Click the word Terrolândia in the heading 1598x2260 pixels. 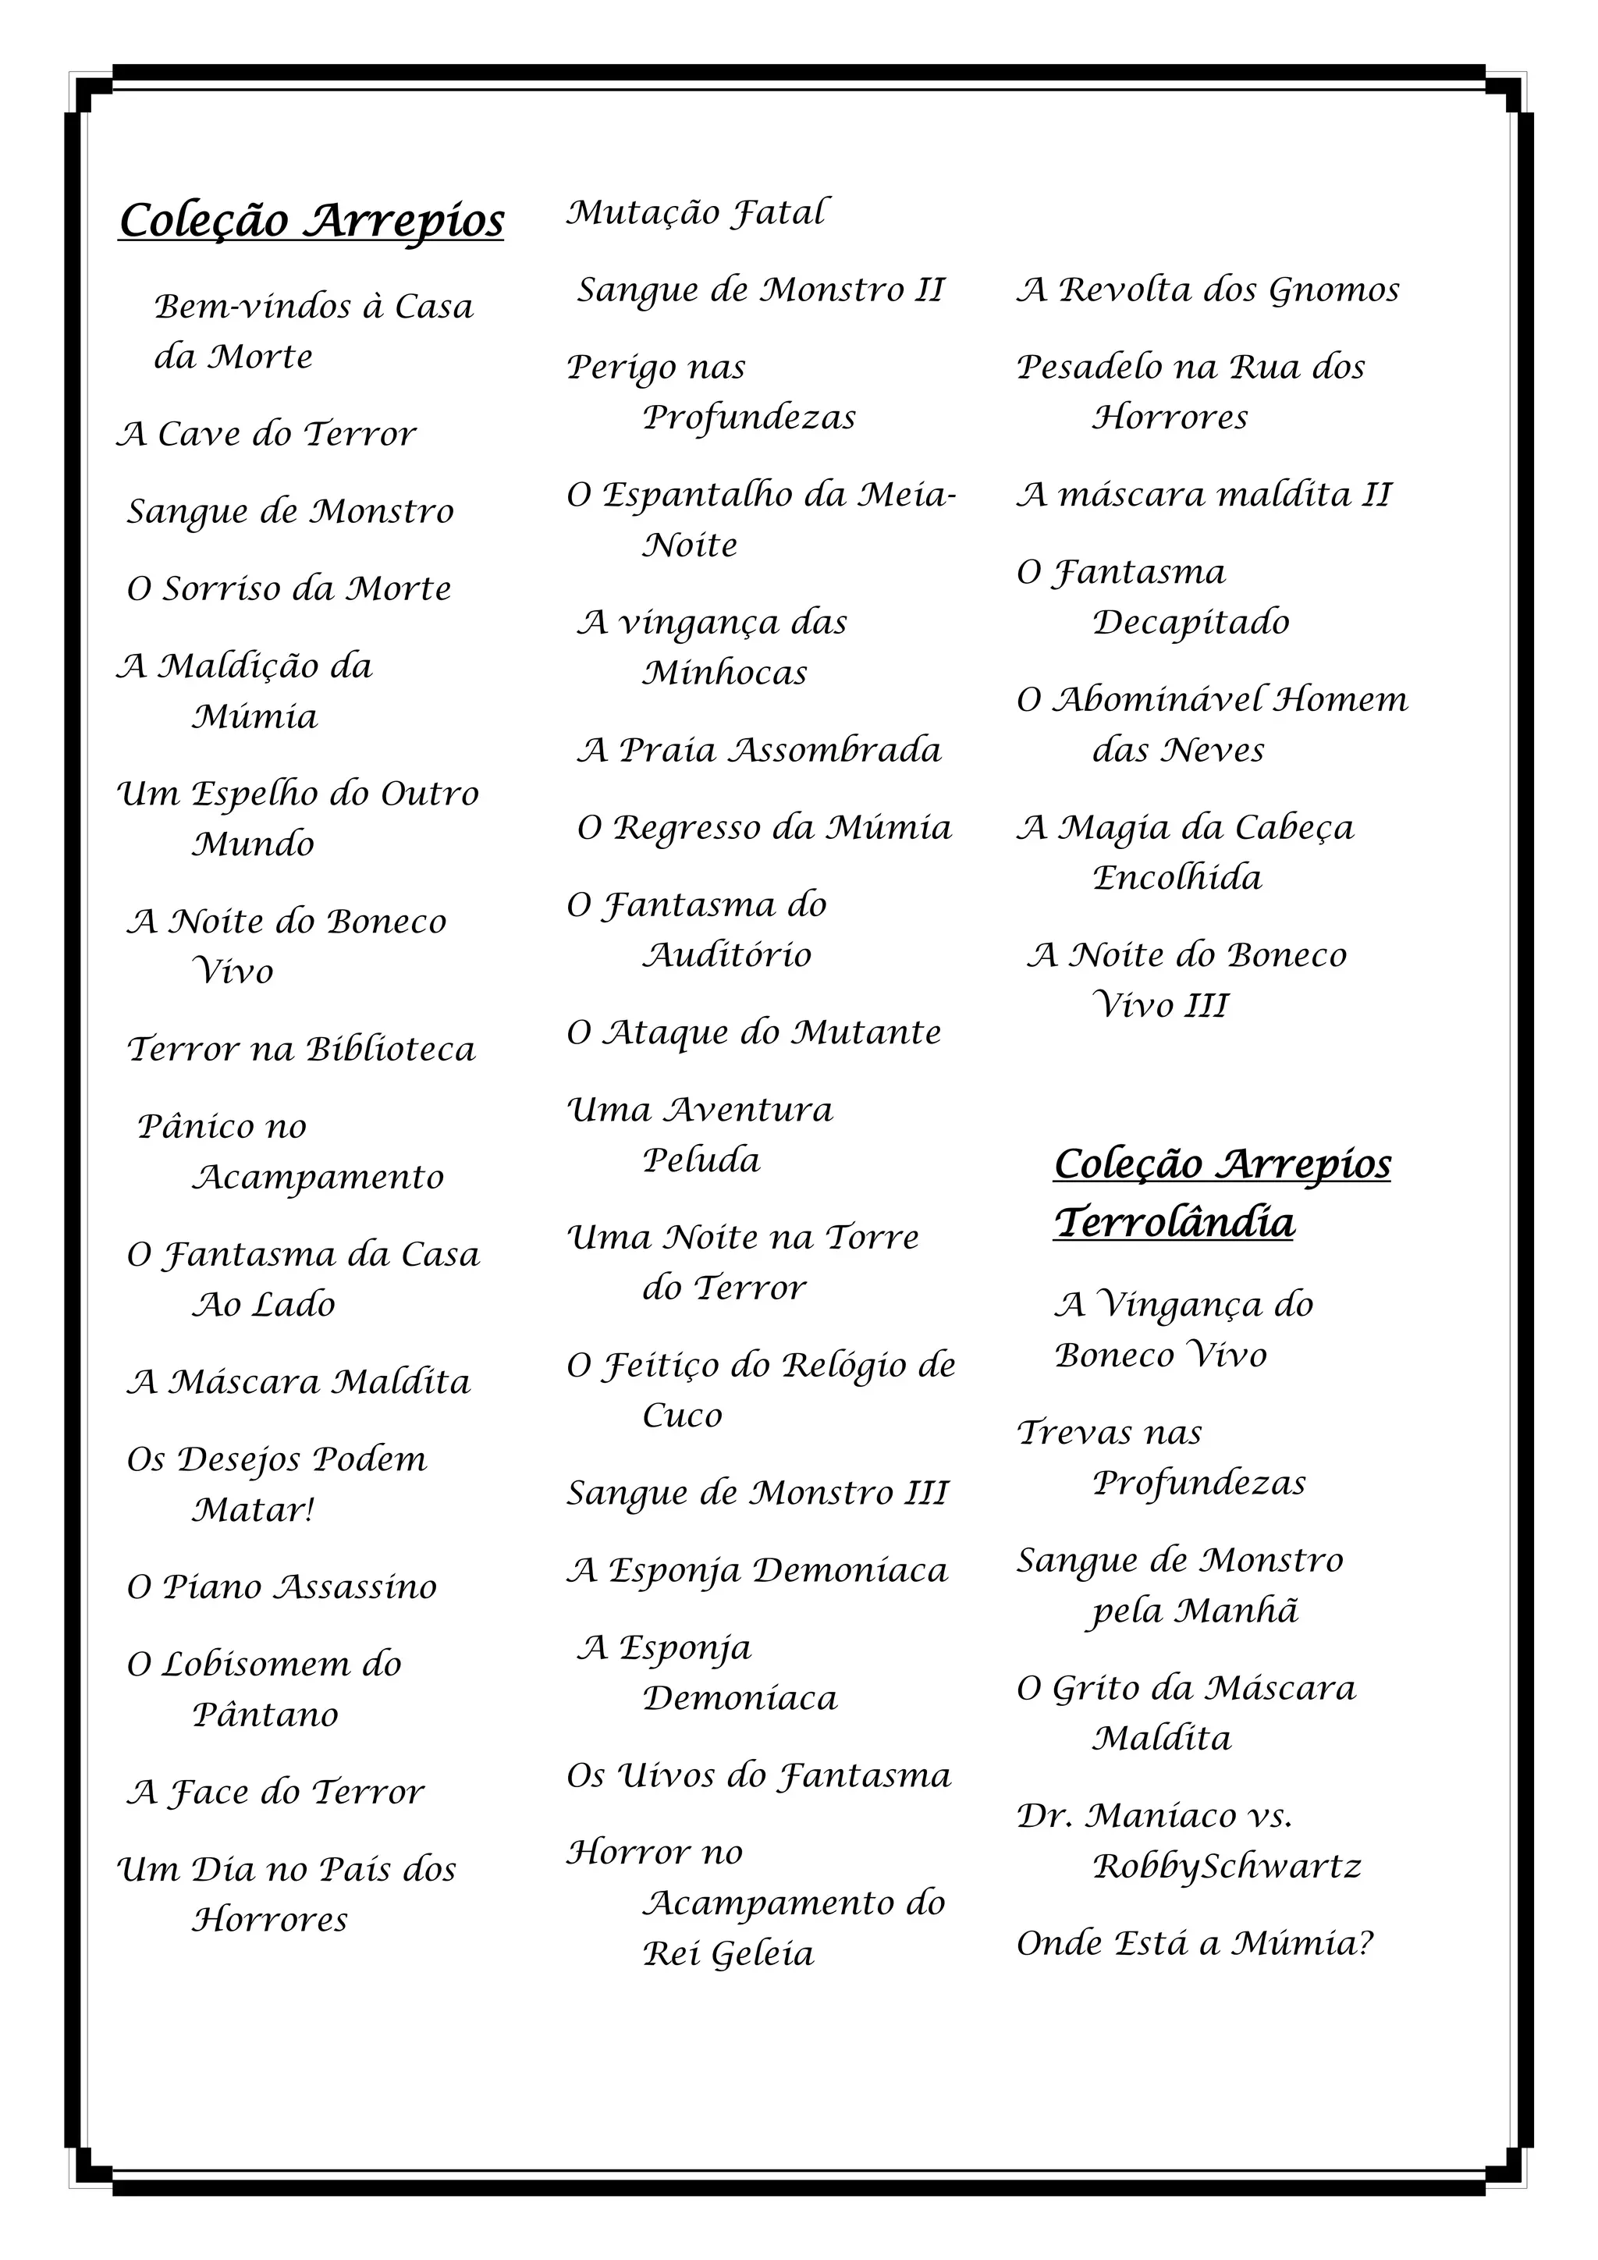tap(1174, 1223)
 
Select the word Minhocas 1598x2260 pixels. tap(724, 673)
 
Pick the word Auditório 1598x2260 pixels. tap(726, 954)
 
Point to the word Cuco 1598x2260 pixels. tap(682, 1416)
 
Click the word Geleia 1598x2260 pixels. tap(762, 1954)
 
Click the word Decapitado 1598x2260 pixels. tap(1191, 622)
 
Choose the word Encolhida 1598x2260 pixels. tap(1177, 877)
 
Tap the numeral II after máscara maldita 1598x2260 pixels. tap(1376, 494)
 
